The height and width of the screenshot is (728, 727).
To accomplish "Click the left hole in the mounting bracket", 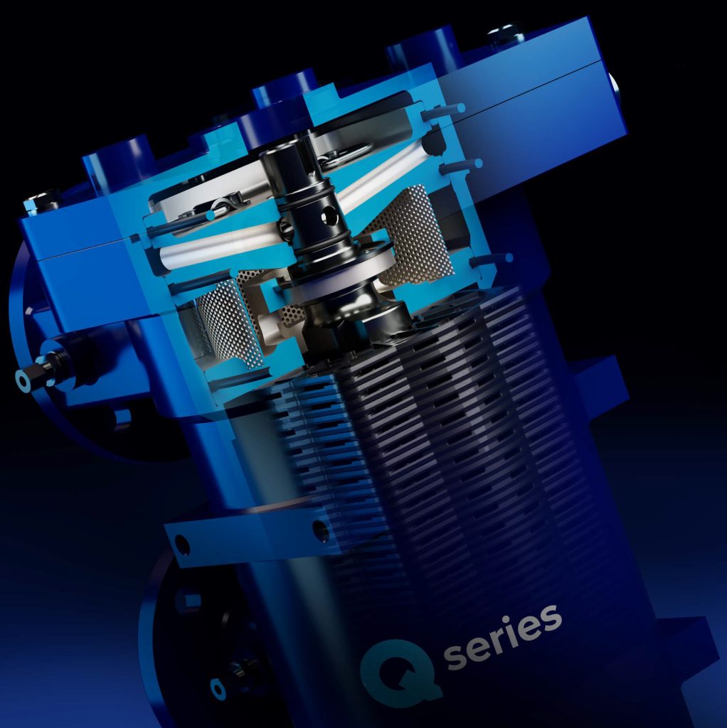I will [x=182, y=546].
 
